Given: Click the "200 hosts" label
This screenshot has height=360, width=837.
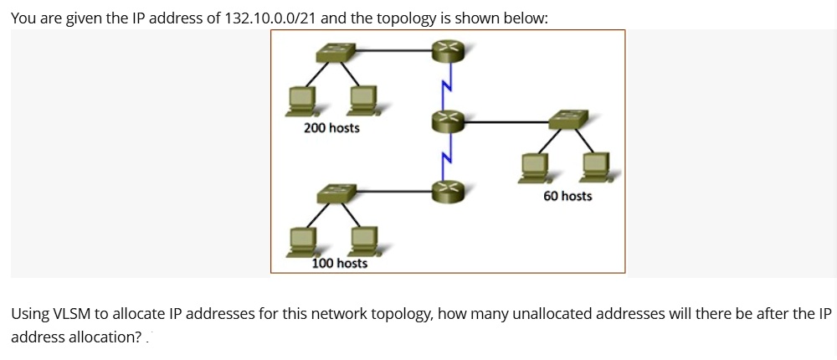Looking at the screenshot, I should (x=331, y=128).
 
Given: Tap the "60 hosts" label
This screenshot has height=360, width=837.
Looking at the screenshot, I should (x=567, y=196).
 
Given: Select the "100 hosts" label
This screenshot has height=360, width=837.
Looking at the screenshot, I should (x=339, y=263).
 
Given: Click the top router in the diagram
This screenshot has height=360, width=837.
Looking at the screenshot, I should (x=446, y=52).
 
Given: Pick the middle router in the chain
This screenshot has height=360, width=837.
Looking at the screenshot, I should (x=446, y=122).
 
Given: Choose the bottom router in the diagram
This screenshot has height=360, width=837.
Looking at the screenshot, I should (x=446, y=192).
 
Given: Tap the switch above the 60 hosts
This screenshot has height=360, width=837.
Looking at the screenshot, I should (x=569, y=120).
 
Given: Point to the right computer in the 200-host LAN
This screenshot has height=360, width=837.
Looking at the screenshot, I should (x=363, y=101).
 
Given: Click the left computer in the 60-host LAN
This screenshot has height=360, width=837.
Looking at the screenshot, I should (x=534, y=167).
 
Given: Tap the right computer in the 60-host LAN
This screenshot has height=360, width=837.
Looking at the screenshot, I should (x=596, y=167).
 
